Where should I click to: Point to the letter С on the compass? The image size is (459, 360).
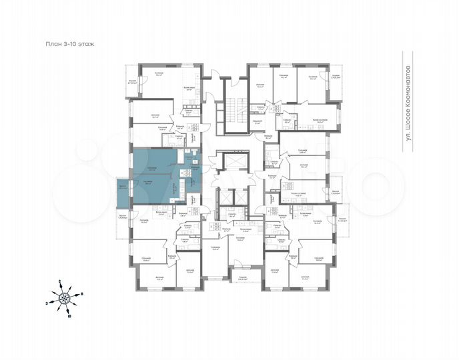tap(59, 281)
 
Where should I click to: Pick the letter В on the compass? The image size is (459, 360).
tap(81, 293)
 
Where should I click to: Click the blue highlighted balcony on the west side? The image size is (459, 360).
tap(123, 189)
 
